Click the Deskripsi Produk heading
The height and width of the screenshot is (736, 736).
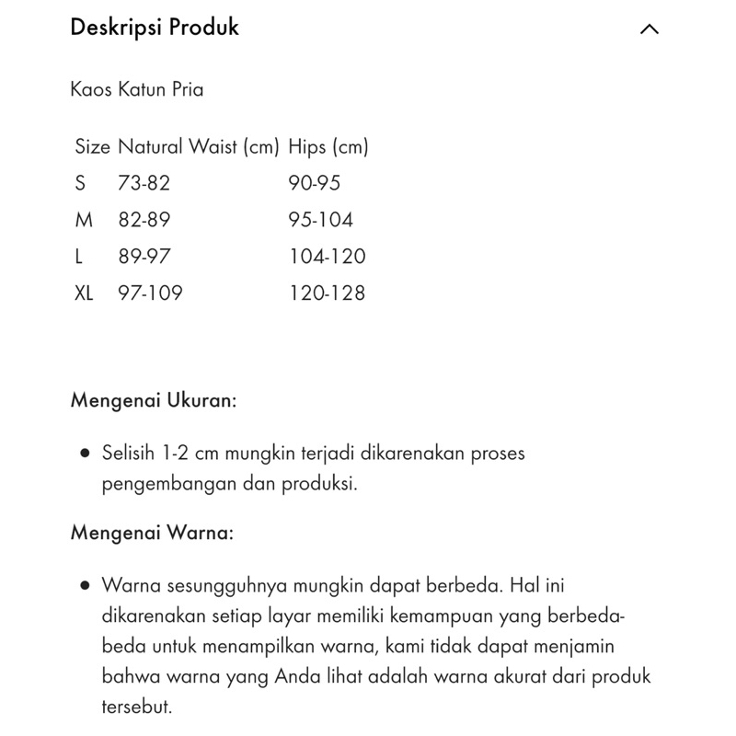click(155, 28)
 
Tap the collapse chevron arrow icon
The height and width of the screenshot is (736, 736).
click(649, 29)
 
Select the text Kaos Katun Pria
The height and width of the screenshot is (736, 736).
click(137, 90)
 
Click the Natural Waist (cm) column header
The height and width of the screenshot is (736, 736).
click(198, 146)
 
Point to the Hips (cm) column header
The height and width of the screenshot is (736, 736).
click(328, 146)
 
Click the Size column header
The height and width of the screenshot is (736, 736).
click(92, 146)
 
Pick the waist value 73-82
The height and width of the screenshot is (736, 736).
click(144, 183)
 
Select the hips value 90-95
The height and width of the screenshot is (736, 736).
click(314, 183)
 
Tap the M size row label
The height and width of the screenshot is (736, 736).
click(83, 220)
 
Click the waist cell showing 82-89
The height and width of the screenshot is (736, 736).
click(144, 220)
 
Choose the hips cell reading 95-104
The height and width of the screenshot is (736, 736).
click(320, 220)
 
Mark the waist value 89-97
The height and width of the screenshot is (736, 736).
click(144, 257)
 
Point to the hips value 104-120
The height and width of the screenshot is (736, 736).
click(327, 257)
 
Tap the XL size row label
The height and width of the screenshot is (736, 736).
click(84, 293)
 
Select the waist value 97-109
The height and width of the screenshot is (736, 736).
click(150, 293)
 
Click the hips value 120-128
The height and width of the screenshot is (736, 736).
click(327, 293)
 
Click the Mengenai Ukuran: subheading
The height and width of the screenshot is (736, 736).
click(154, 402)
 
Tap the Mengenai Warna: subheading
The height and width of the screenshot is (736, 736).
click(152, 534)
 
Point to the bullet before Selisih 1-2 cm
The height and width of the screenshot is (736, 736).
click(85, 454)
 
